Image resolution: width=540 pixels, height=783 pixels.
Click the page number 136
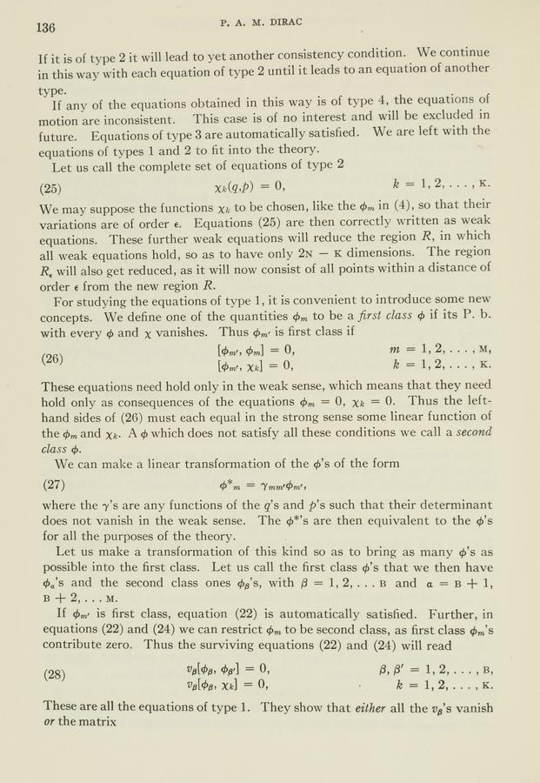click(x=46, y=27)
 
